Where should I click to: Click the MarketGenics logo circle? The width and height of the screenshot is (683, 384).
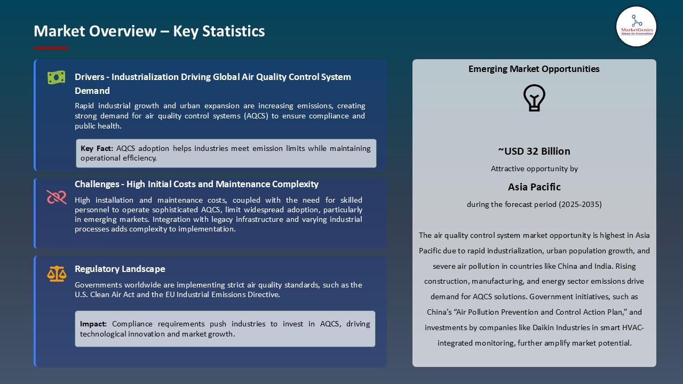point(636,26)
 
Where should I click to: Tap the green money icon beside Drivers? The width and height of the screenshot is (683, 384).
point(56,77)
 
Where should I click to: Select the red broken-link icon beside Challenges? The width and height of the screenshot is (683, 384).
point(56,197)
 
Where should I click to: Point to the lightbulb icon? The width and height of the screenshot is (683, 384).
point(534,98)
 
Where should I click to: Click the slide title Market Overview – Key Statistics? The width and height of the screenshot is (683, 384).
point(149,31)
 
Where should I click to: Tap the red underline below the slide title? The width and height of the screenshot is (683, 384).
point(51,48)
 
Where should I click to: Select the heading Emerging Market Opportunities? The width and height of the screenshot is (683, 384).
point(534,69)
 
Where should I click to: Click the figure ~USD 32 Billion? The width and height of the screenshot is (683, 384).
point(534,151)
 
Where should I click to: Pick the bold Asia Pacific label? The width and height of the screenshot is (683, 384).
point(534,187)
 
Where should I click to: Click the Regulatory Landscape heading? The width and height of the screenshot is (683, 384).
point(120,269)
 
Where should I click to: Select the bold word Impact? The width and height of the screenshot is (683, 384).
point(93,324)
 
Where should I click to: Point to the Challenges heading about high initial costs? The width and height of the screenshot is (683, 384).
point(196,184)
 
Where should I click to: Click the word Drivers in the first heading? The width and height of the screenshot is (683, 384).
point(89,77)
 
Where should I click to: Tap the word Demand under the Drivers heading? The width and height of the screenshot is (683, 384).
point(92,91)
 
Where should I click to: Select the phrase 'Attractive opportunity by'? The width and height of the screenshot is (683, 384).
point(534,169)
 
